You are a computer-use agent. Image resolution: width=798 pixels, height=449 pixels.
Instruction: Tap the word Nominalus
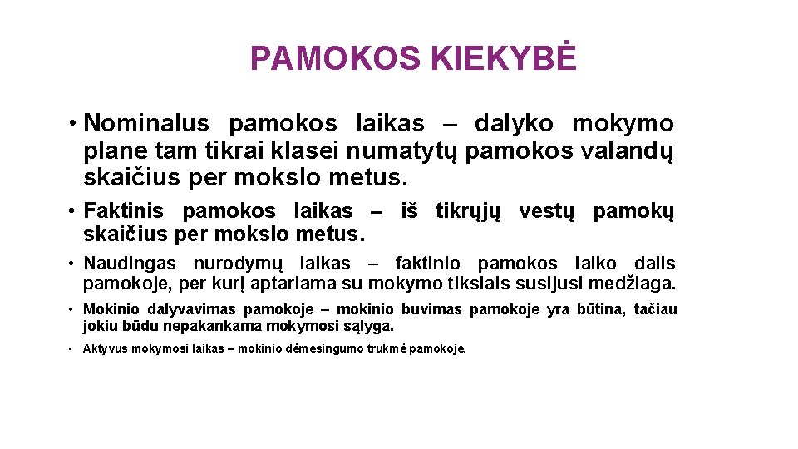[147, 124]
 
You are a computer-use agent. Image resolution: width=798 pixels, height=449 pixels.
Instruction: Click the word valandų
[630, 151]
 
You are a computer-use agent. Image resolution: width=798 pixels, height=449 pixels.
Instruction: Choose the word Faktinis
[124, 211]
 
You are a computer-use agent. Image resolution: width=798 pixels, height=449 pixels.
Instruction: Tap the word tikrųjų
[469, 211]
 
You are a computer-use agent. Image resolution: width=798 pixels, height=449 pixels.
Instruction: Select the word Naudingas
[130, 264]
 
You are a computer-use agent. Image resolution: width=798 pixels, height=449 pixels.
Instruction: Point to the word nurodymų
[239, 264]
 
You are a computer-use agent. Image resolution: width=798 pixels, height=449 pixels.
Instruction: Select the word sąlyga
[374, 327]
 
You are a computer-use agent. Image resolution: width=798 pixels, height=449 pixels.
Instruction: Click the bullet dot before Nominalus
[74, 125]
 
